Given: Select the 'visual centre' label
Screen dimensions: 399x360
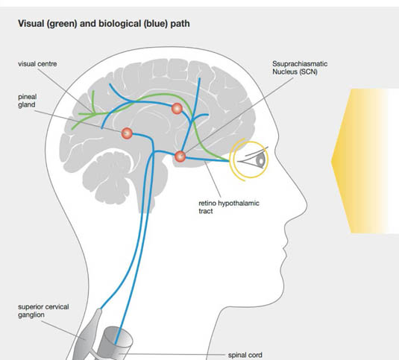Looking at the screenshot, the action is [37, 64].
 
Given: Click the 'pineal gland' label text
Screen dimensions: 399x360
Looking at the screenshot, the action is [28, 101].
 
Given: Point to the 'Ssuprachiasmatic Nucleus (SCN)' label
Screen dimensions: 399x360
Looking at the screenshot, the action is [300, 68].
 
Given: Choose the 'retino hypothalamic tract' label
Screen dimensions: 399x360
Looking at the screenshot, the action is [229, 207].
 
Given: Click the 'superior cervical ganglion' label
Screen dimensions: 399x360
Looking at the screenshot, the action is [43, 311].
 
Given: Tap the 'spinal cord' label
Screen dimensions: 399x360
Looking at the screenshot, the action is [245, 355].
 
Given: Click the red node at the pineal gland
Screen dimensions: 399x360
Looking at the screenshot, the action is [127, 133].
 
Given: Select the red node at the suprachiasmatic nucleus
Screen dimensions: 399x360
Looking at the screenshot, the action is [180, 157].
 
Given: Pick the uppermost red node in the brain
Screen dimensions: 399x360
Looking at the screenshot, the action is [177, 109].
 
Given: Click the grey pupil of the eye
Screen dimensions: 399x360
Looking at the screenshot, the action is [261, 160].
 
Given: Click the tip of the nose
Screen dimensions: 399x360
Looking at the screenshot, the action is [306, 203].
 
